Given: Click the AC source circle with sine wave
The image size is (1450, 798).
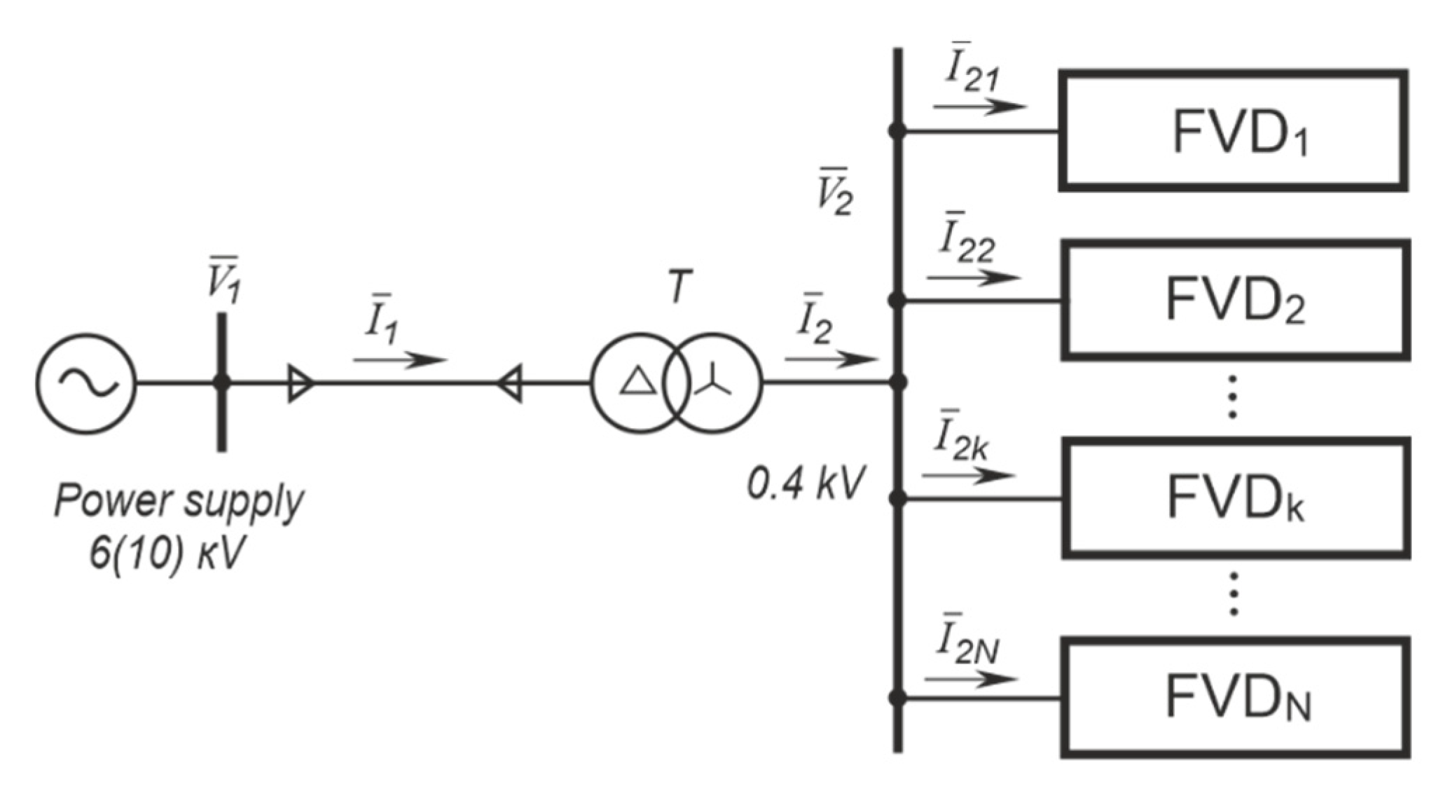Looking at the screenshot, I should click(x=86, y=383).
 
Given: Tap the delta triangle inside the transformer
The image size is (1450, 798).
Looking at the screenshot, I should click(x=638, y=383).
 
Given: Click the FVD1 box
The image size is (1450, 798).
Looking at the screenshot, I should click(x=1234, y=130).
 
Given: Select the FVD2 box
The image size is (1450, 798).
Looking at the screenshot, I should click(x=1235, y=300).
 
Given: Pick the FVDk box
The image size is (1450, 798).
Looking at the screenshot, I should click(x=1235, y=498).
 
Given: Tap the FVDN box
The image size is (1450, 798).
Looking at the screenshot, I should click(x=1235, y=697).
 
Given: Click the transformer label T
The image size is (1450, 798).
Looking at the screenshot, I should click(x=678, y=287).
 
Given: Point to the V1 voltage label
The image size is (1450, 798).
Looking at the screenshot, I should click(x=223, y=281).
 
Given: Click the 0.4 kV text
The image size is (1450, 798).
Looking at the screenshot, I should click(x=806, y=483).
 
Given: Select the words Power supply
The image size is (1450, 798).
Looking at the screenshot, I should click(x=179, y=502).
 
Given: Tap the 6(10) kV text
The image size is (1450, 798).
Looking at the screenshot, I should click(x=168, y=555).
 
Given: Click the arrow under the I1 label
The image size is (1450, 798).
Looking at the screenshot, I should click(x=399, y=360).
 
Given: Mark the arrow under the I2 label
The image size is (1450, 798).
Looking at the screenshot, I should click(x=831, y=359).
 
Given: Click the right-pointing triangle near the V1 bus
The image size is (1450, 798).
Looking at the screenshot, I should click(x=301, y=383).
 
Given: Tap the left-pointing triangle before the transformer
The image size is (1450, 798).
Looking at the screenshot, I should click(x=509, y=383).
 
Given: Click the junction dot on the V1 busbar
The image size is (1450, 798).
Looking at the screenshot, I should click(x=221, y=383).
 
